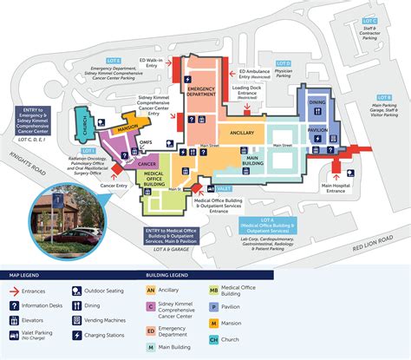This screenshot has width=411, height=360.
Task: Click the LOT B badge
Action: point(383,97)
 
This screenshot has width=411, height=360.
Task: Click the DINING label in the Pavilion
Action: point(316,101)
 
